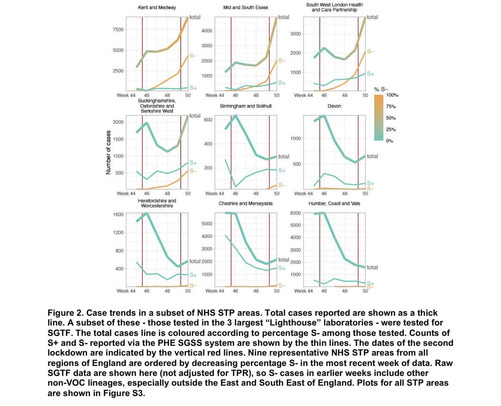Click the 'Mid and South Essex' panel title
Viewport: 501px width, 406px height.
tap(245, 8)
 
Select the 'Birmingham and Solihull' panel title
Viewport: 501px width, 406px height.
tap(246, 106)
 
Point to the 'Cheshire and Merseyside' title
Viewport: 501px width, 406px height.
tap(245, 203)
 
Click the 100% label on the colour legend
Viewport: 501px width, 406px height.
tap(393, 95)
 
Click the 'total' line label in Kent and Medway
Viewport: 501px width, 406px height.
tap(195, 17)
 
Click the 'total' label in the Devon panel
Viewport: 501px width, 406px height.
tap(372, 156)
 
